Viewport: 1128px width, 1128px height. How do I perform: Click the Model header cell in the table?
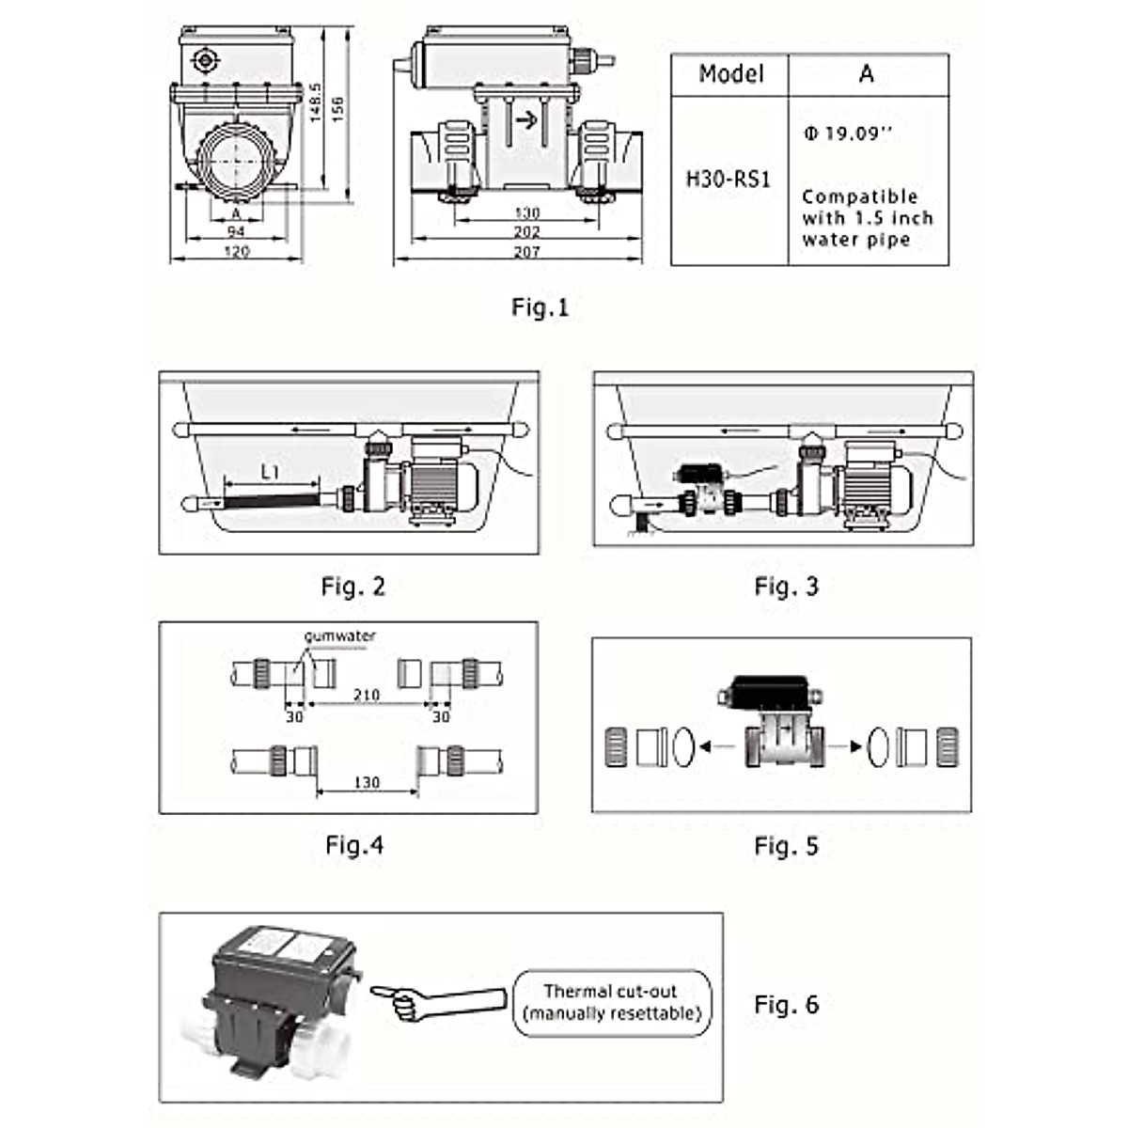(730, 74)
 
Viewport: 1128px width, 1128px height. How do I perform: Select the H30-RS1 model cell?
(728, 179)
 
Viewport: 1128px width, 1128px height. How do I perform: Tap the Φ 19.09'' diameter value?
(846, 133)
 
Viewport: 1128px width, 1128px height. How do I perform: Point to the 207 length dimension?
(526, 252)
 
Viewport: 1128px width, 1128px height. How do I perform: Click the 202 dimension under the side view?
(526, 231)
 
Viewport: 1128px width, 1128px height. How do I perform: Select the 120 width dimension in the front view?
(237, 252)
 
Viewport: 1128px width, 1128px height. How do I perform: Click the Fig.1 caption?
(540, 307)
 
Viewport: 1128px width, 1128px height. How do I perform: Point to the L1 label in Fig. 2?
(270, 473)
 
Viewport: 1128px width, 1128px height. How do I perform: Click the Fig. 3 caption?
(786, 587)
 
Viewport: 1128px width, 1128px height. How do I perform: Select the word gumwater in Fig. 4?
(339, 636)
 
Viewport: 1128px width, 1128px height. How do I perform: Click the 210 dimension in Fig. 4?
(366, 696)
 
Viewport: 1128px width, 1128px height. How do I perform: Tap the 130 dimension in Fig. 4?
(367, 782)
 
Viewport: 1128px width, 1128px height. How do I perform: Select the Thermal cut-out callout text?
(611, 1002)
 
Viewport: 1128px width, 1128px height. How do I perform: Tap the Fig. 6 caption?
(786, 1004)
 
